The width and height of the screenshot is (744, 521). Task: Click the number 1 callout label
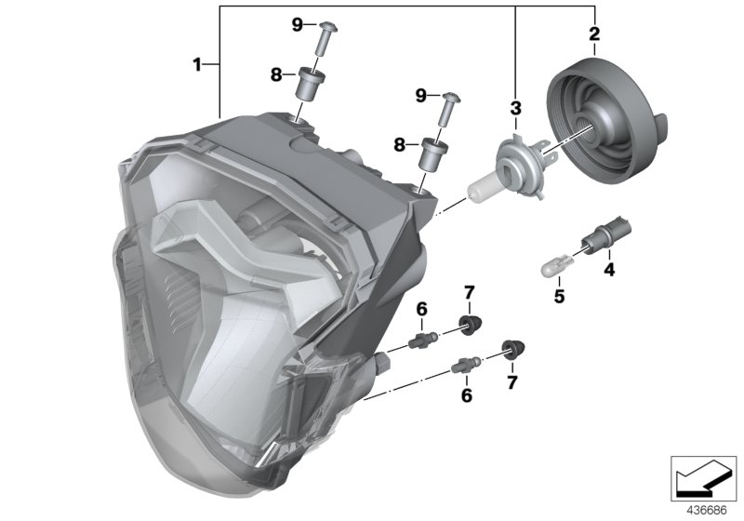coord(197,64)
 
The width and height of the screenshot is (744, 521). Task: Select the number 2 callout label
coord(593,34)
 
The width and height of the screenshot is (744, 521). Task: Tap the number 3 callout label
coord(514,109)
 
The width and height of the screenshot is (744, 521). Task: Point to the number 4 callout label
coord(609,271)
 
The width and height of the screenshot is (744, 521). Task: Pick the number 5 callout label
coord(559,299)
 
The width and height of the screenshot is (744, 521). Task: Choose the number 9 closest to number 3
coord(421,95)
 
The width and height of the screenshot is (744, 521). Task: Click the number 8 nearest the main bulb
coord(400,144)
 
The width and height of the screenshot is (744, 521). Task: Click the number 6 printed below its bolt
coord(467,395)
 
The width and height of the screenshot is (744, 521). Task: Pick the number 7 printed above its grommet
coord(470,295)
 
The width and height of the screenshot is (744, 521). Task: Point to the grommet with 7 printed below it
coord(510,350)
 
